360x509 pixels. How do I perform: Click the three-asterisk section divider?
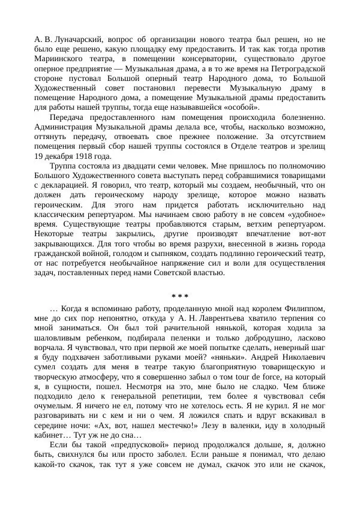click(180, 297)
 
